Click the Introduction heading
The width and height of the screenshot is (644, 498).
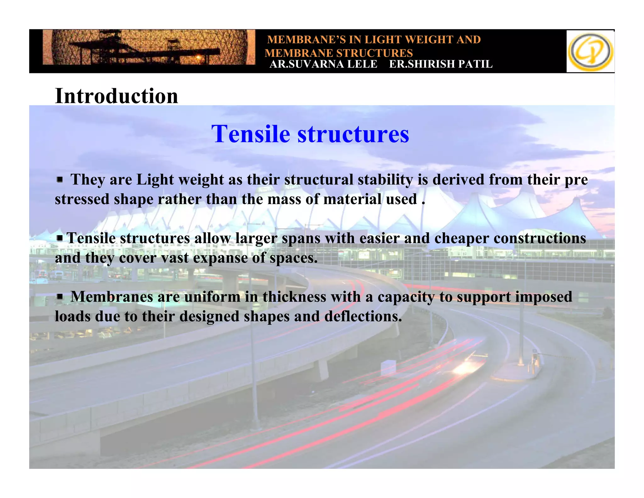[116, 96]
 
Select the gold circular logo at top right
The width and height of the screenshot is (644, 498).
[590, 52]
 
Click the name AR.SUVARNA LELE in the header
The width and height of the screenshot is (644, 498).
[323, 64]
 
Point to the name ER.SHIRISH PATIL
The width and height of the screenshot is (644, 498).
[441, 64]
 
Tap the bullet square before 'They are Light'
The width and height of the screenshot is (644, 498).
[60, 180]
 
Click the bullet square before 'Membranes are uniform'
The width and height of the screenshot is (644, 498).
[60, 296]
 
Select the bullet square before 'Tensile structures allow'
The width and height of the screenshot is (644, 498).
[60, 238]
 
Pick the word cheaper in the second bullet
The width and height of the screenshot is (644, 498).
[461, 238]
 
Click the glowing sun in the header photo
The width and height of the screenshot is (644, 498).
[198, 58]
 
